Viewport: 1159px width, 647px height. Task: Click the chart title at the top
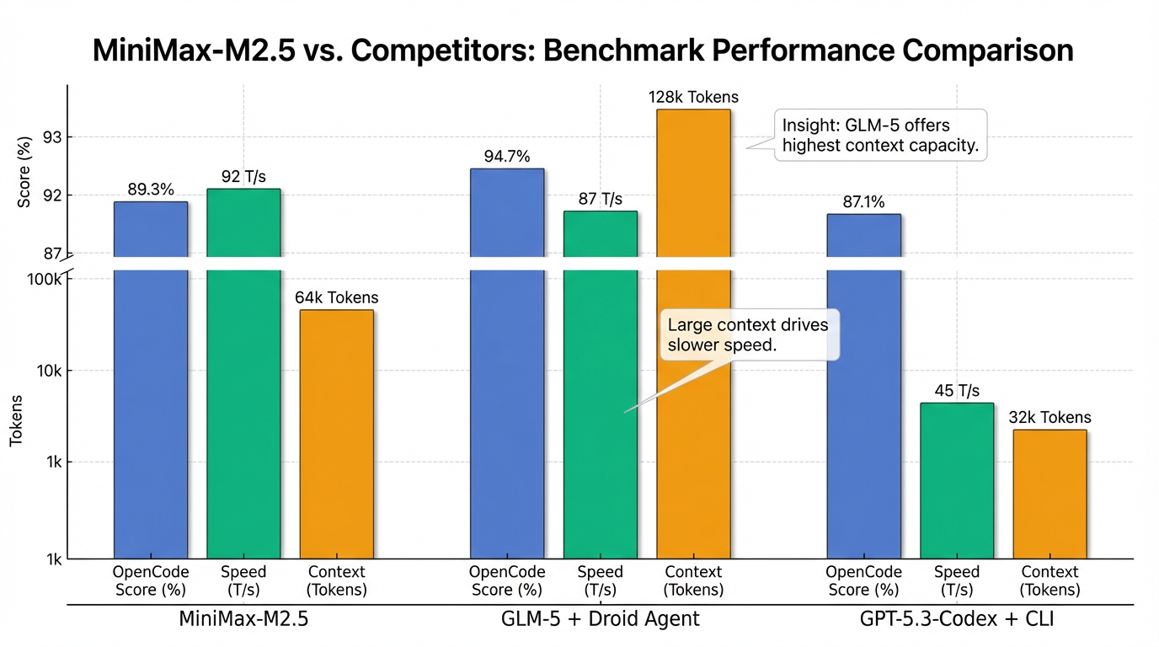click(x=582, y=51)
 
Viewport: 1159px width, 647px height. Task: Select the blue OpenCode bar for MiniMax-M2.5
click(x=151, y=379)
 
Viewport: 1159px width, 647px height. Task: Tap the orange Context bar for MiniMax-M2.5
click(x=336, y=434)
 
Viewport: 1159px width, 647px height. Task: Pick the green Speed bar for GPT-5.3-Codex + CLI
click(x=956, y=480)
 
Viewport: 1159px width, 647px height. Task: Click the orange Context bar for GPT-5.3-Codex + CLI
click(x=1050, y=494)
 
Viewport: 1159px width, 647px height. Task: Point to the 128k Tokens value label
click(x=693, y=97)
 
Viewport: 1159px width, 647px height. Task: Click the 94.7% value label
click(x=506, y=156)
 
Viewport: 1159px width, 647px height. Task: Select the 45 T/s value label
click(x=957, y=391)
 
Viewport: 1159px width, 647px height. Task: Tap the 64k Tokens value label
click(x=336, y=297)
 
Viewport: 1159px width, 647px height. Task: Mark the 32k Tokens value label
click(x=1050, y=417)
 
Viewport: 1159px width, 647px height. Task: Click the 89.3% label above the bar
click(x=151, y=190)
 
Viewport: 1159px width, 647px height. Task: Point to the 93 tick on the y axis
click(x=52, y=136)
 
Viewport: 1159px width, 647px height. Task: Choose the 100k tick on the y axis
click(x=45, y=279)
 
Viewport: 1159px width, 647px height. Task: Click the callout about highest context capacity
click(x=880, y=135)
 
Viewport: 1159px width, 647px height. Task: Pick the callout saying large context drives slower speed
click(x=750, y=335)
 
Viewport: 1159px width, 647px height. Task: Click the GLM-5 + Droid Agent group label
click(x=600, y=619)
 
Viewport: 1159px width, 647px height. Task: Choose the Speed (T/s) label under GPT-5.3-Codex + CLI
click(x=957, y=581)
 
